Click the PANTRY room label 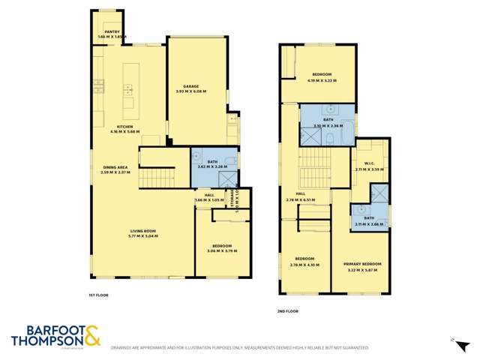coord(112,31)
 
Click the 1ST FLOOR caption coord(98,295)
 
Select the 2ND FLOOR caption coord(287,311)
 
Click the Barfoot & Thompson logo coord(56,336)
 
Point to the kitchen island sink coord(128,90)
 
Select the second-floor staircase coord(315,169)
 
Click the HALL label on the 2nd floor coord(300,195)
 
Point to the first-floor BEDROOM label coord(221,246)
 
